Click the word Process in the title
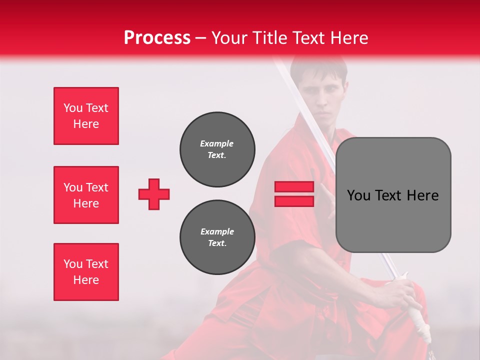(x=157, y=37)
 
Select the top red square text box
(x=86, y=116)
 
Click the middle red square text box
(x=86, y=195)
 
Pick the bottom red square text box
(x=86, y=272)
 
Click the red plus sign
(x=154, y=194)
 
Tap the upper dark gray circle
(x=217, y=149)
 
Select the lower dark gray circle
(x=217, y=237)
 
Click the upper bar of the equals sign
(x=294, y=187)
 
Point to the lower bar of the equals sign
(x=294, y=201)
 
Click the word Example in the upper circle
(x=217, y=143)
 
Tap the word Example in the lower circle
(x=217, y=231)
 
